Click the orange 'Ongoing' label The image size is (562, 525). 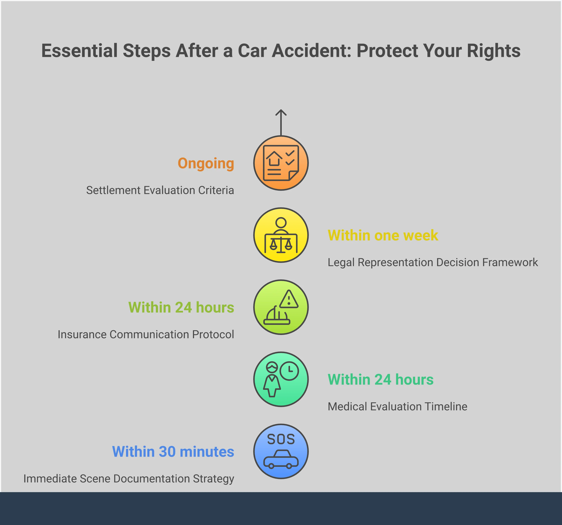coord(206,164)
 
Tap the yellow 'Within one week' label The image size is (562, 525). coord(383,235)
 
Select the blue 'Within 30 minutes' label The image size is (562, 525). coord(173,452)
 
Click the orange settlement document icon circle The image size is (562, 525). coord(281,163)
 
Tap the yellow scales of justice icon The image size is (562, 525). coord(281,244)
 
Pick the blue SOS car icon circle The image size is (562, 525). coord(281,451)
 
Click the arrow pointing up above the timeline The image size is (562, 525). coord(281,123)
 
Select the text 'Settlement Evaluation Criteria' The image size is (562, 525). coord(160,190)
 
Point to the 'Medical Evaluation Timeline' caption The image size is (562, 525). coord(397,407)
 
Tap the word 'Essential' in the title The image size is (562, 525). coord(79,51)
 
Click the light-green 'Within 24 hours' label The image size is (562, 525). coord(181,307)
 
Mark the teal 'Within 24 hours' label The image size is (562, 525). coord(381,379)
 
